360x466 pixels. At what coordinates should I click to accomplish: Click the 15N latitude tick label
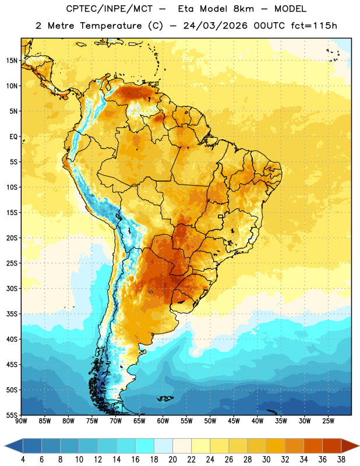point(12,61)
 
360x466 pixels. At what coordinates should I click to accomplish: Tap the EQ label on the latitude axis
point(13,137)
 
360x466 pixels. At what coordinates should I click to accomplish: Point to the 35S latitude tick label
point(12,314)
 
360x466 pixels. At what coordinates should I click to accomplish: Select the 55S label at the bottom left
point(12,415)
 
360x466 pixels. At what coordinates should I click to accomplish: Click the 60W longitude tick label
point(163,421)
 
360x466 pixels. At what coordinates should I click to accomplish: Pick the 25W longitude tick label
point(328,421)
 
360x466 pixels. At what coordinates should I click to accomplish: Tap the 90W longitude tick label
point(21,421)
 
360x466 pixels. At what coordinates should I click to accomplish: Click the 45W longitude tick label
point(234,421)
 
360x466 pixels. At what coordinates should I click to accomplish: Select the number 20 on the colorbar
point(172,460)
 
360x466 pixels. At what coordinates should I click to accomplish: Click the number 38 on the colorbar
point(341,460)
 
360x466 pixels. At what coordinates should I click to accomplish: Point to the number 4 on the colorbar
point(23,460)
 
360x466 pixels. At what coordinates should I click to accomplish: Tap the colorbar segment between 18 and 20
point(164,446)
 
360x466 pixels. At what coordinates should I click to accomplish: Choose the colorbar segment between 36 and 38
point(332,446)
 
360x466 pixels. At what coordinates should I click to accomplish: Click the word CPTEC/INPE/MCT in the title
point(110,9)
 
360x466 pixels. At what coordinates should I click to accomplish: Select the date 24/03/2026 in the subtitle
point(216,26)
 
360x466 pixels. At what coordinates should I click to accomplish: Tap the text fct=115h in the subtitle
point(314,26)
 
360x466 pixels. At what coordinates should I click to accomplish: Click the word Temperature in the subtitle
point(111,26)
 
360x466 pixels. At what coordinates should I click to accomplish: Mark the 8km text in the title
point(243,9)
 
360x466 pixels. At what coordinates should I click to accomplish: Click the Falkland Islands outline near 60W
point(165,398)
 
